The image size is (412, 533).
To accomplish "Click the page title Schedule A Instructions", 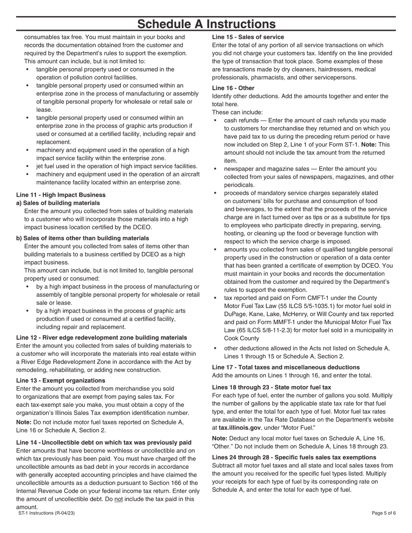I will tap(206, 24).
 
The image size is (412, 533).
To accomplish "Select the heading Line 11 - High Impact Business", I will tap(61, 195).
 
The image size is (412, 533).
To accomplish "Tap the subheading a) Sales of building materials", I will tap(58, 203).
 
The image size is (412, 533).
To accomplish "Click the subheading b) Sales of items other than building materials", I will tap(82, 238).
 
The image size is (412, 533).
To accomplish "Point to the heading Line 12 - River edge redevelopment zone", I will tap(101, 338).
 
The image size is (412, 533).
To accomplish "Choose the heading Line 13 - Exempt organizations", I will tap(61, 380).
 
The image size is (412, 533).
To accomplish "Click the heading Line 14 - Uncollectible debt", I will tap(104, 442).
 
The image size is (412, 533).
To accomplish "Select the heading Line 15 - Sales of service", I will tap(248, 37).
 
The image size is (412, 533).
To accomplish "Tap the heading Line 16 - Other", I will tap(233, 88).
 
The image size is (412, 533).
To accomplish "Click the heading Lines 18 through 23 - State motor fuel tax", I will tap(271, 387).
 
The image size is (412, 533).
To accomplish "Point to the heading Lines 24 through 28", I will tap(294, 458).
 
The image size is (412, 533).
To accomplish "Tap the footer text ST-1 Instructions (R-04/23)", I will tap(46, 513).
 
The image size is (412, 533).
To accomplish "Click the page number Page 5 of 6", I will tap(384, 513).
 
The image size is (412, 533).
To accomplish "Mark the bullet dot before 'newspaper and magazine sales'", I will tap(216, 169).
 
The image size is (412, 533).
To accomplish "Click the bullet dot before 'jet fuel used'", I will tap(28, 166).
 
